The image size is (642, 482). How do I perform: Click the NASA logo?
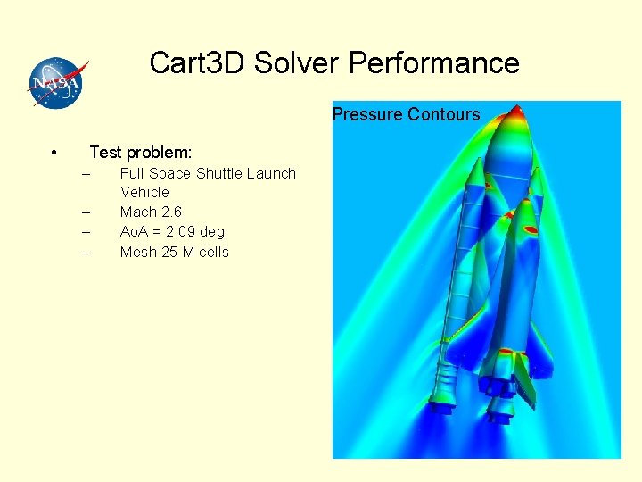click(57, 82)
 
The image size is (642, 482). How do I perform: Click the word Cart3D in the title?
click(197, 63)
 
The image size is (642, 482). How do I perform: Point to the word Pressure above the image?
click(367, 114)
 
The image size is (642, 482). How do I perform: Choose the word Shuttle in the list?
click(218, 173)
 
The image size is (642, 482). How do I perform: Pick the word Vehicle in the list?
click(144, 192)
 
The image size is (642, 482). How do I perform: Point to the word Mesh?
click(138, 252)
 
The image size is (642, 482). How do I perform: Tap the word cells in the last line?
click(214, 252)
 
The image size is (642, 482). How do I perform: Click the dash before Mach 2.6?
click(86, 212)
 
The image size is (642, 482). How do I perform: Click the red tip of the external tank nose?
click(515, 112)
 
